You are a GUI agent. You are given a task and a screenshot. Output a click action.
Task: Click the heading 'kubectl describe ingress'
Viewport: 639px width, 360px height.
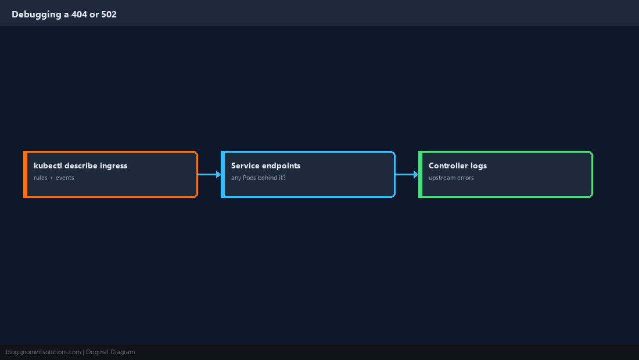[80, 165]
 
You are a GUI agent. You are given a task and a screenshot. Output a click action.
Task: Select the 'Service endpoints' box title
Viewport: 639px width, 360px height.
[265, 165]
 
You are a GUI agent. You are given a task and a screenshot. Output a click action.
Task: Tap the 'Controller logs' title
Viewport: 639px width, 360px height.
[458, 165]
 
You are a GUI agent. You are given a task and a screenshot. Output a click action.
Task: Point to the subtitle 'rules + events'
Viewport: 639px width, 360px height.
[54, 178]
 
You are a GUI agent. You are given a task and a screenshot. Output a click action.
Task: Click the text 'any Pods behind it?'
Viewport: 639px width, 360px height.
[259, 178]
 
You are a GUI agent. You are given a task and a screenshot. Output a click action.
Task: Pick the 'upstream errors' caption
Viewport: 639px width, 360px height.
[451, 178]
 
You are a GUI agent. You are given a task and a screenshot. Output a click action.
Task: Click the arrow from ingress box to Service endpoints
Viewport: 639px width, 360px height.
[209, 174]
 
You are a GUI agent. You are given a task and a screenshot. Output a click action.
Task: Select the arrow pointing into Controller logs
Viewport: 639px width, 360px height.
[407, 174]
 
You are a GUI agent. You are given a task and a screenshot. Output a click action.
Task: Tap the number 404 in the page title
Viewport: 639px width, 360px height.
[79, 15]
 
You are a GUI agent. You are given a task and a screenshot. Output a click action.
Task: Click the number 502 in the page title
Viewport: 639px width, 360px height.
[109, 15]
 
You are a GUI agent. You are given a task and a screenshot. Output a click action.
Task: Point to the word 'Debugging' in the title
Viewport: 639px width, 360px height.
[36, 15]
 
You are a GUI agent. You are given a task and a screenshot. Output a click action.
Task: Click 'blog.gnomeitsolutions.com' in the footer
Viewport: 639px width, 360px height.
[43, 352]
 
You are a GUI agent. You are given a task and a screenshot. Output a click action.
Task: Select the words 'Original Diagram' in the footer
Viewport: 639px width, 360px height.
[110, 352]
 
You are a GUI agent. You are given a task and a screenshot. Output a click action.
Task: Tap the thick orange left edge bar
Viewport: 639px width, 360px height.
[25, 174]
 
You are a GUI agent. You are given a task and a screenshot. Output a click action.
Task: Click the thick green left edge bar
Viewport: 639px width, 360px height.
[420, 174]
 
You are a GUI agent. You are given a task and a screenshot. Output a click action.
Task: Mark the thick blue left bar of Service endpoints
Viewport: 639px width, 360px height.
[222, 174]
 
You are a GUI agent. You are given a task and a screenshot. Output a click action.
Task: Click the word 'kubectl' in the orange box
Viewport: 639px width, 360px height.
[48, 165]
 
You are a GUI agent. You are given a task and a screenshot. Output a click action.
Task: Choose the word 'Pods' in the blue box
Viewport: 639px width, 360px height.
[249, 178]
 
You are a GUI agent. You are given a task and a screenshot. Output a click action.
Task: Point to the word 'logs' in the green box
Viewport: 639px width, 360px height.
[479, 165]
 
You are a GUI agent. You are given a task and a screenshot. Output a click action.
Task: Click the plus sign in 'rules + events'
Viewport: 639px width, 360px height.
[51, 178]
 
